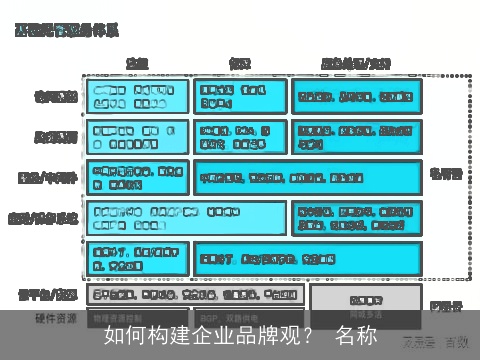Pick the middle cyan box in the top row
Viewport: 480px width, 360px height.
click(x=240, y=96)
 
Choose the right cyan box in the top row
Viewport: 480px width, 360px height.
click(x=357, y=96)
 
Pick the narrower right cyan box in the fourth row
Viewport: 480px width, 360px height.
click(x=357, y=218)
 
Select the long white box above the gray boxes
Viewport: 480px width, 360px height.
click(x=196, y=295)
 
